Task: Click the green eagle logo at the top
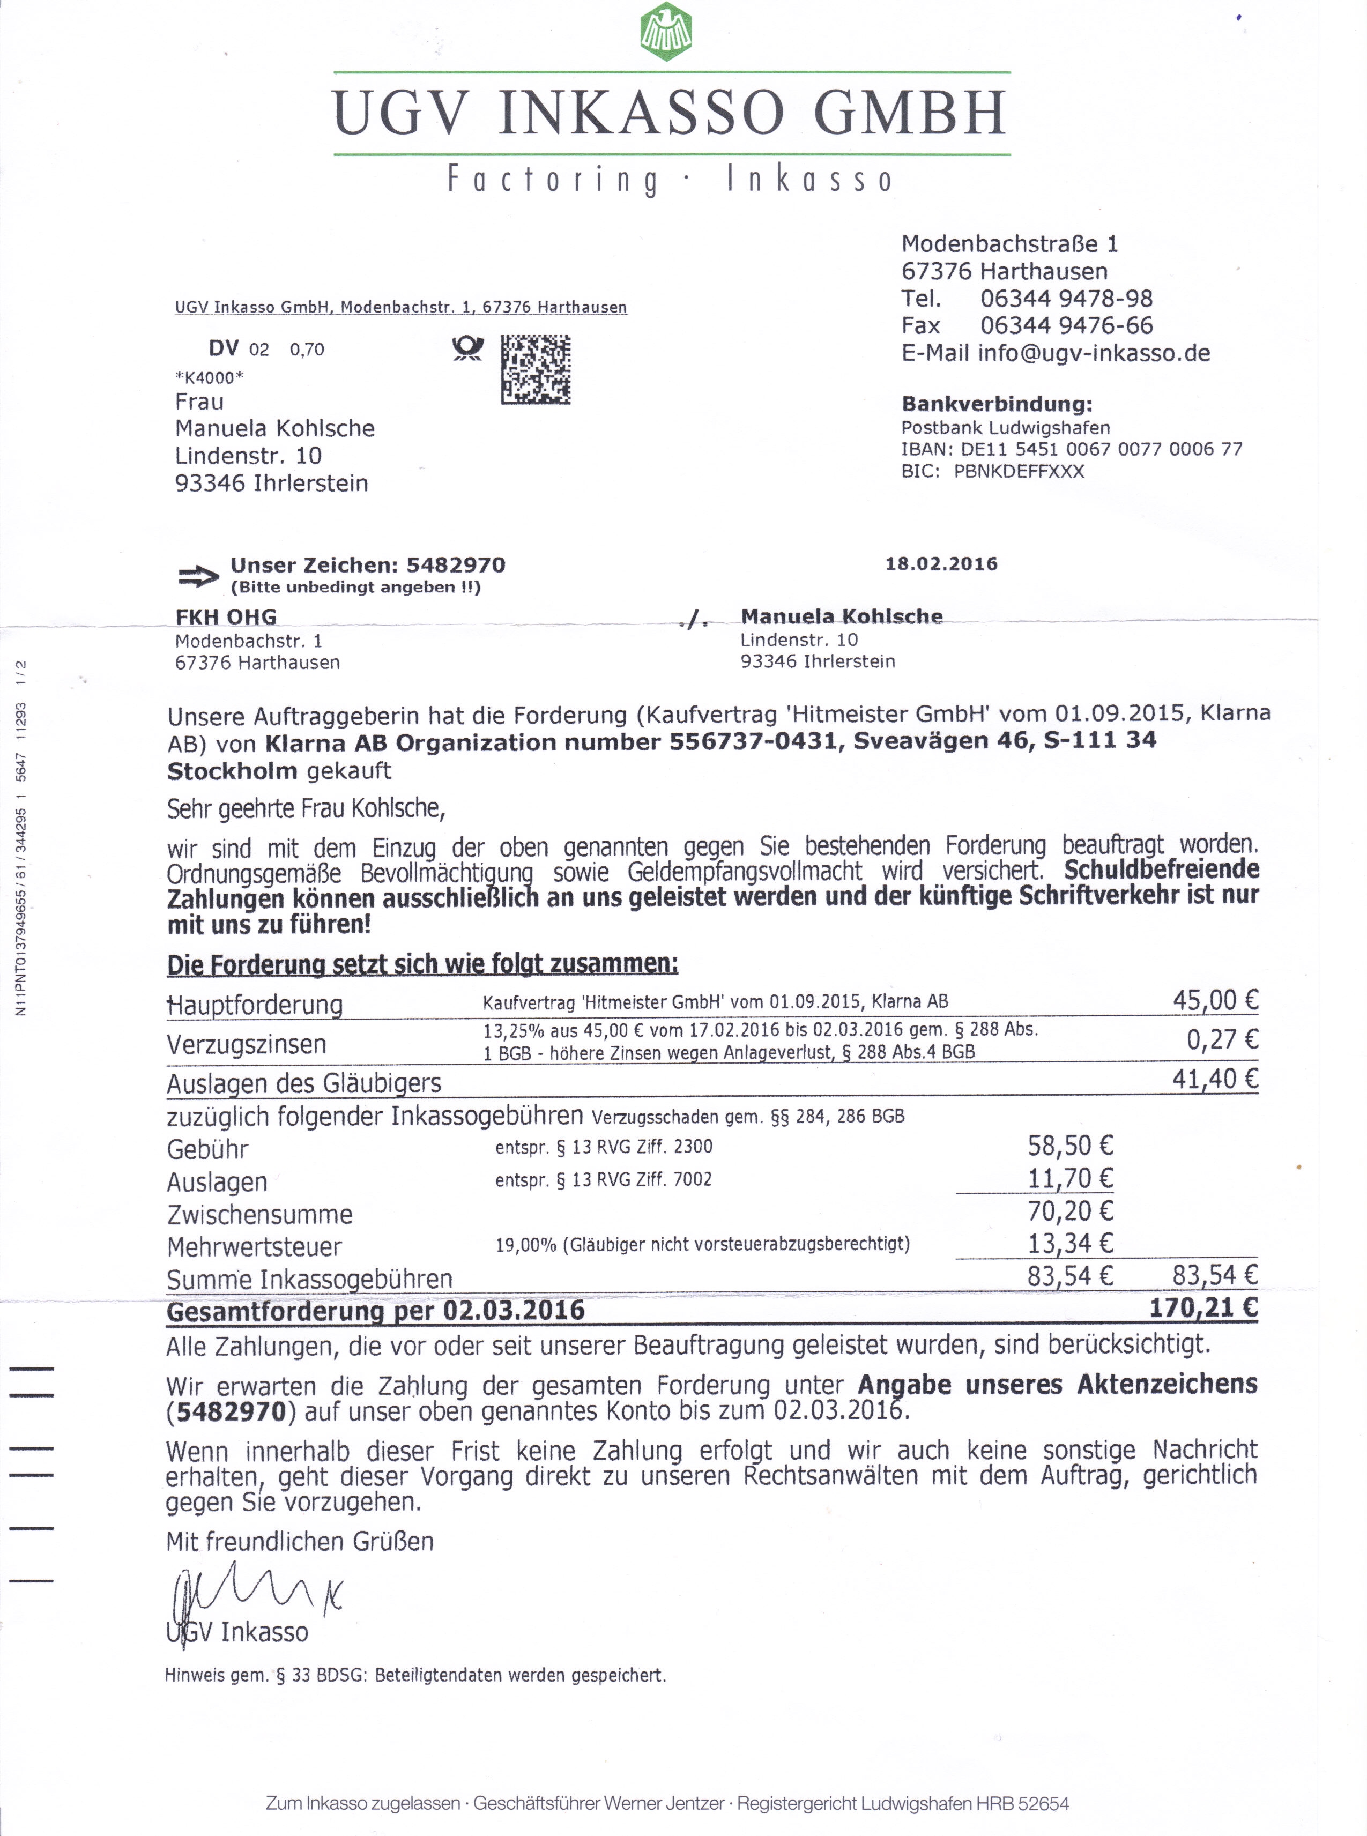click(666, 32)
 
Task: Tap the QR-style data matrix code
click(536, 369)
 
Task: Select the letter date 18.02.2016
click(941, 564)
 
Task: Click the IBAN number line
click(1072, 449)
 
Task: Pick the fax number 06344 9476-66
click(1066, 326)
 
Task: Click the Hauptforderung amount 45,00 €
click(1214, 1000)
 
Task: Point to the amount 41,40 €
click(1214, 1079)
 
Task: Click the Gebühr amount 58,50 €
click(1070, 1146)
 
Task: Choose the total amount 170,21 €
click(1202, 1308)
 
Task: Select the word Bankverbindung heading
click(996, 405)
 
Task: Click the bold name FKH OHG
click(226, 616)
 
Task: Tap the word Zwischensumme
click(260, 1215)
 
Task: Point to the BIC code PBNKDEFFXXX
click(1019, 472)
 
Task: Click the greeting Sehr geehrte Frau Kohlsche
click(306, 808)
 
